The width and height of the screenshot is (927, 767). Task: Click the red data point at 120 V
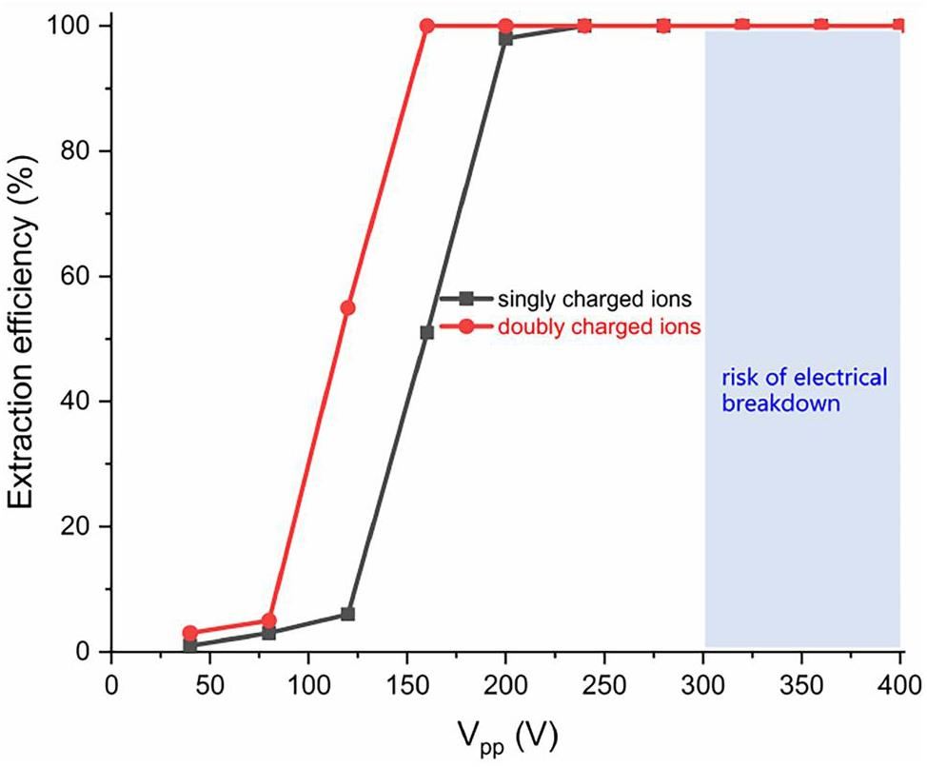point(347,307)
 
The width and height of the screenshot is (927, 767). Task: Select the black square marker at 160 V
point(426,332)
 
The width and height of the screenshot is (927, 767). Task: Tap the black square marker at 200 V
point(505,38)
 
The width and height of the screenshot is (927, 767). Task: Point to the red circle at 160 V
point(426,26)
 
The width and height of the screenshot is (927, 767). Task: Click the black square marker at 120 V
point(347,614)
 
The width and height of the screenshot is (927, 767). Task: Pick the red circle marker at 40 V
point(190,633)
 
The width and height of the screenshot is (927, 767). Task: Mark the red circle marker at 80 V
point(269,620)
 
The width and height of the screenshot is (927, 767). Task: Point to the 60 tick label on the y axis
point(81,276)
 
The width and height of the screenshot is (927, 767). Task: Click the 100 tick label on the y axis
point(74,26)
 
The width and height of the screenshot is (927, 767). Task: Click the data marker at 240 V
point(584,26)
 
